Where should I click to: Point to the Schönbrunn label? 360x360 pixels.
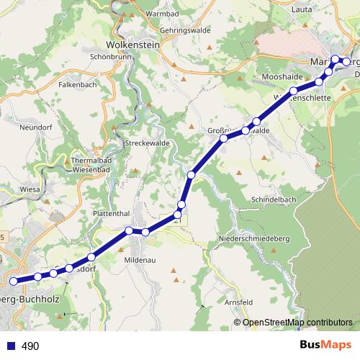[109, 56]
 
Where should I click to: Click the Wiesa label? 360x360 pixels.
[30, 190]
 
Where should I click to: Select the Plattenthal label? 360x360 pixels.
[111, 214]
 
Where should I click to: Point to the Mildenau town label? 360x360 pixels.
[140, 258]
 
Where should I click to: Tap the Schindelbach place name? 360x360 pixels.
[274, 199]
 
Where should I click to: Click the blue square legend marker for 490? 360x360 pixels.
[10, 346]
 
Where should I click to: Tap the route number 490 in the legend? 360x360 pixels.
[30, 346]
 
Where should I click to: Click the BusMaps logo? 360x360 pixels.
[325, 346]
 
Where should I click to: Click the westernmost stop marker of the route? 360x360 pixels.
[13, 281]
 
